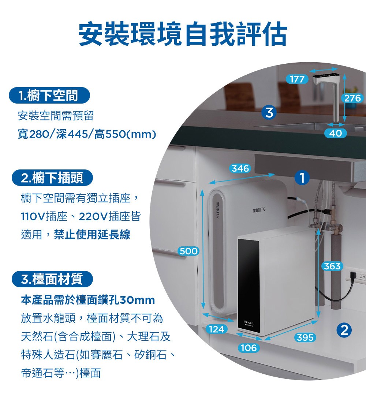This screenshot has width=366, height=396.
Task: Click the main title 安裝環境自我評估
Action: point(183,34)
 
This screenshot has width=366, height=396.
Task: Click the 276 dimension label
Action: point(352,98)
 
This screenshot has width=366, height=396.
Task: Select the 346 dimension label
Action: point(240,168)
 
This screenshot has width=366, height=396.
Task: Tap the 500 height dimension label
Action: point(188,251)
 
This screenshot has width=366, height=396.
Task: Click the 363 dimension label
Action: point(332,266)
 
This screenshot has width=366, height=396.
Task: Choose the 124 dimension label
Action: point(216,329)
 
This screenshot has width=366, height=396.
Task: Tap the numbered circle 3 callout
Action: point(269,112)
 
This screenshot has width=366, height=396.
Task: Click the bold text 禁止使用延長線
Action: point(92,235)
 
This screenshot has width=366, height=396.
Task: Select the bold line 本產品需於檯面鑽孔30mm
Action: point(88,300)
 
